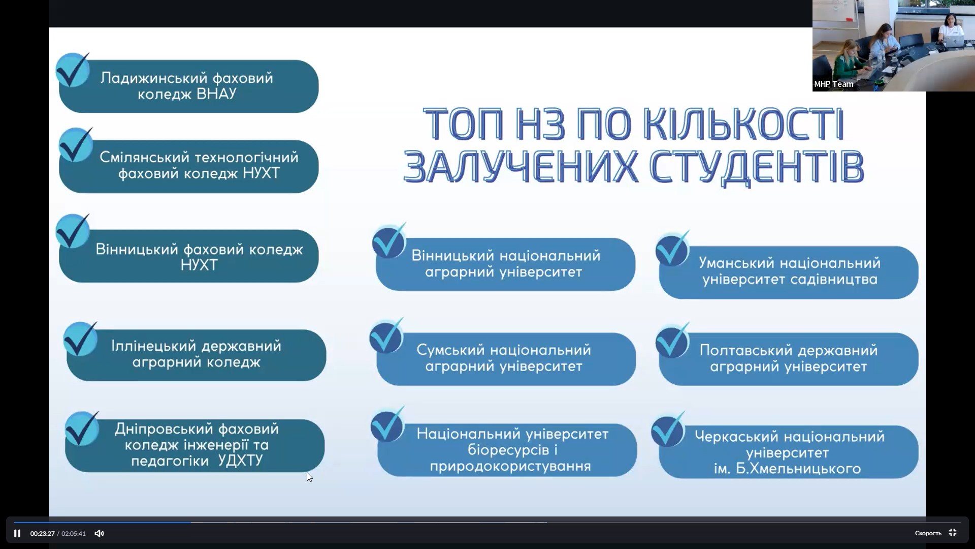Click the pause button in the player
pos(17,533)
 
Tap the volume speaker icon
pos(99,533)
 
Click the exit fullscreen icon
pos(953,533)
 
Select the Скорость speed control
pos(928,533)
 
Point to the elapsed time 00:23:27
pos(42,533)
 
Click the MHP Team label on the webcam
pos(833,84)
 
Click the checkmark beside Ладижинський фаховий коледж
pos(73,70)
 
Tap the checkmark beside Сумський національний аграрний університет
pos(386,335)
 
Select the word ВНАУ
pos(216,94)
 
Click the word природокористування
pos(510,466)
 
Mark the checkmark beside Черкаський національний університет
pos(669,430)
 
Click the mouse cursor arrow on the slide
pos(309,477)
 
